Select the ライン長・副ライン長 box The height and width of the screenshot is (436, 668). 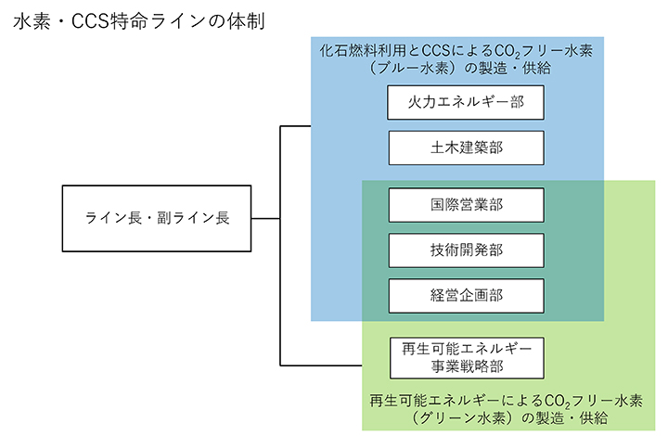tap(157, 219)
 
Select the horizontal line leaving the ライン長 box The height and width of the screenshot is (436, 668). tap(265, 219)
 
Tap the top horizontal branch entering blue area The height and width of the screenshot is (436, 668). tap(295, 125)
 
